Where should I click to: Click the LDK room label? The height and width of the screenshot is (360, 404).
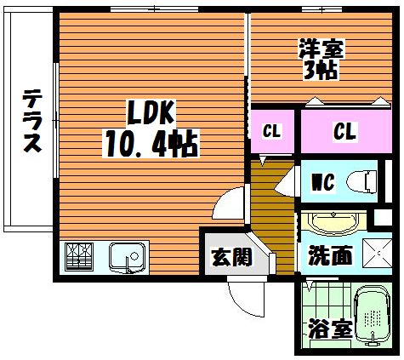pyautogui.click(x=151, y=112)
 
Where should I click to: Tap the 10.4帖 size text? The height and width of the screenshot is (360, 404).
pyautogui.click(x=151, y=143)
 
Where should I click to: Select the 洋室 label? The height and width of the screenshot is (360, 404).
pyautogui.click(x=321, y=49)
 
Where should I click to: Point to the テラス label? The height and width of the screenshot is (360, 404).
pyautogui.click(x=32, y=121)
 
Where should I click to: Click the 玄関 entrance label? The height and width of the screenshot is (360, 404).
pyautogui.click(x=232, y=257)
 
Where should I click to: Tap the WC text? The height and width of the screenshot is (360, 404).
pyautogui.click(x=323, y=182)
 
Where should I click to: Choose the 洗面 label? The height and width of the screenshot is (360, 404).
pyautogui.click(x=330, y=255)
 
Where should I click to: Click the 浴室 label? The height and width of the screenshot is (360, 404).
pyautogui.click(x=330, y=329)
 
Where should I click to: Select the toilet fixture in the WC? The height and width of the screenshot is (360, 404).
pyautogui.click(x=361, y=182)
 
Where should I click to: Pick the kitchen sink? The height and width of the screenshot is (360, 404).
pyautogui.click(x=127, y=258)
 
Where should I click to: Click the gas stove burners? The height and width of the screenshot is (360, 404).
pyautogui.click(x=79, y=257)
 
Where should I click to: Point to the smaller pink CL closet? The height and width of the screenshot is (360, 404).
pyautogui.click(x=272, y=131)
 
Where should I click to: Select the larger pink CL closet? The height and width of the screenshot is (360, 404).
pyautogui.click(x=346, y=131)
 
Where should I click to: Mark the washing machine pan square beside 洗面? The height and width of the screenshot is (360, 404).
pyautogui.click(x=377, y=253)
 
